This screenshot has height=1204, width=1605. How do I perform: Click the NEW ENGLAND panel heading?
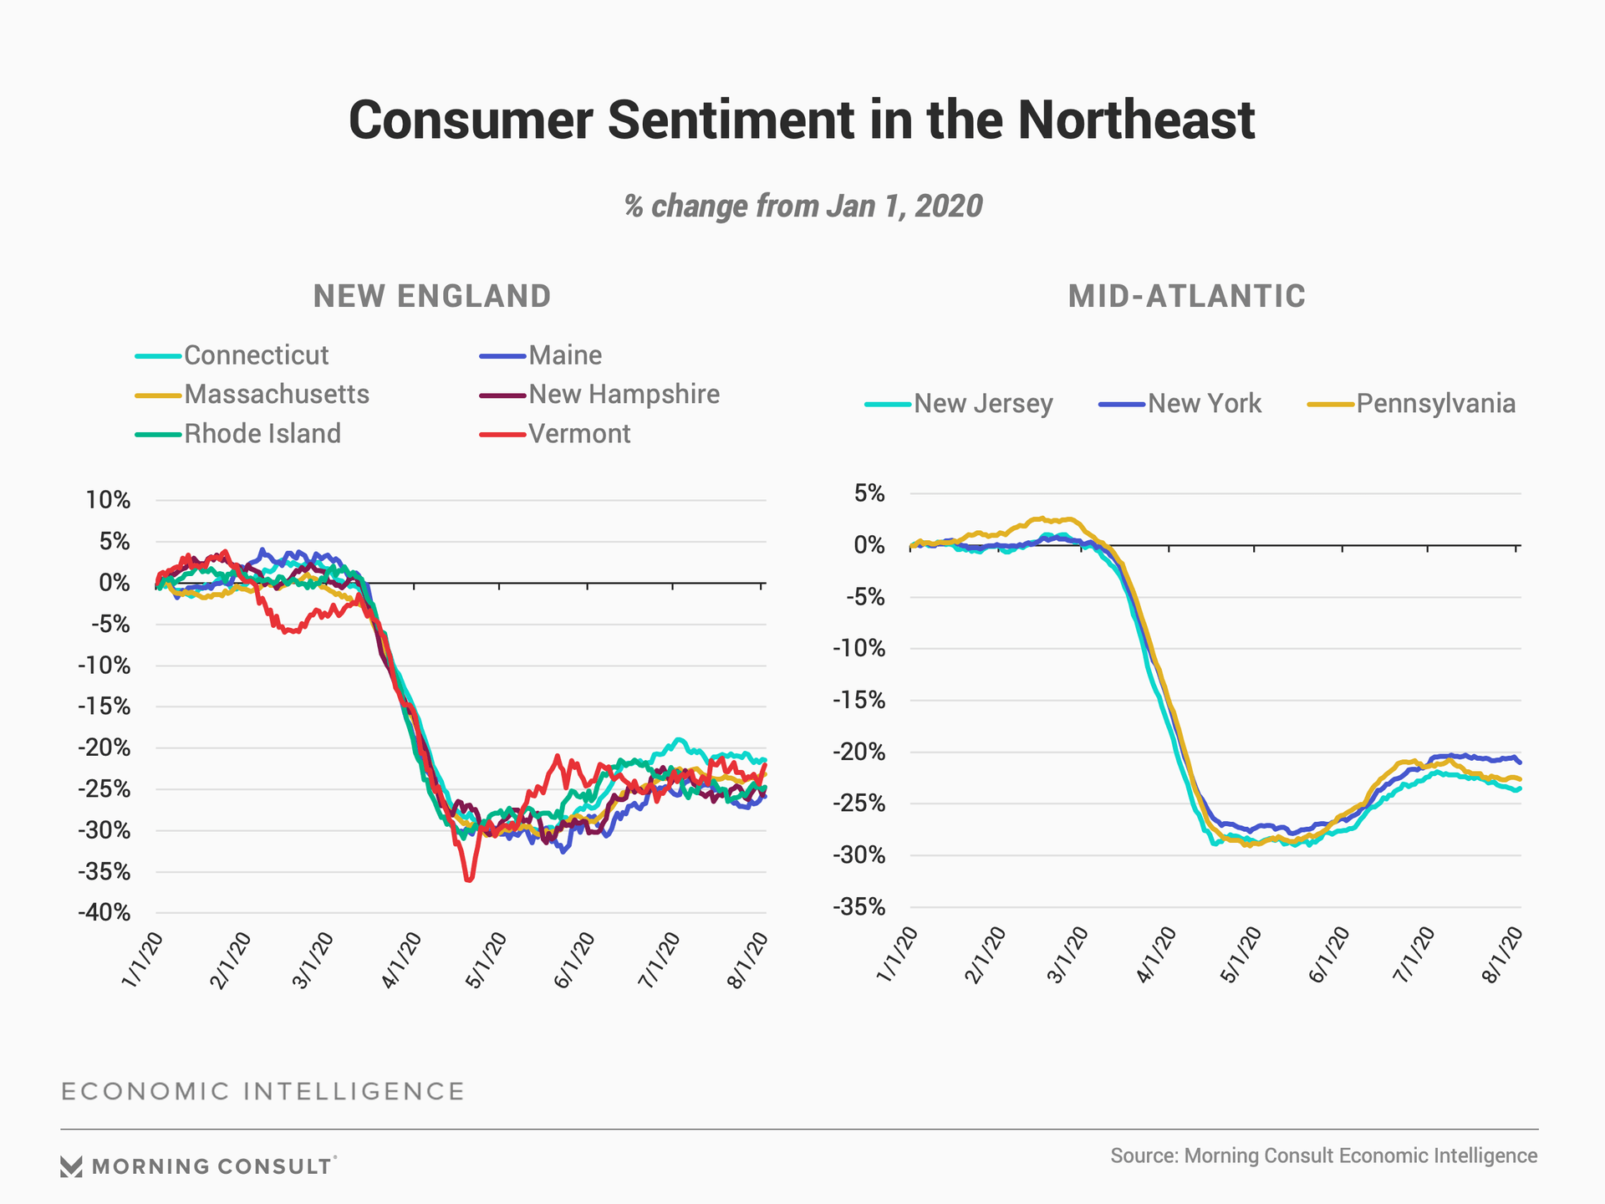[432, 296]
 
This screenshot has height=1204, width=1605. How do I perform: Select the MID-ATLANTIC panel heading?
[1186, 296]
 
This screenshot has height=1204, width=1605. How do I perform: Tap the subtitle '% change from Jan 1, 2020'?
[802, 206]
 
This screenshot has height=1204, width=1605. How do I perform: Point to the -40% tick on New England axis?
[104, 912]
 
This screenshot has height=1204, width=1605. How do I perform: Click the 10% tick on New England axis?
[109, 500]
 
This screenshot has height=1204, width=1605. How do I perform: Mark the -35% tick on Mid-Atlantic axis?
[859, 907]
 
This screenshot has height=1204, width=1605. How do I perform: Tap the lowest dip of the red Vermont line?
[469, 880]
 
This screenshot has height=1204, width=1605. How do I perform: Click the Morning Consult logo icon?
[71, 1166]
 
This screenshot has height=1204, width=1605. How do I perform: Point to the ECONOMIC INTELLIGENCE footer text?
[262, 1092]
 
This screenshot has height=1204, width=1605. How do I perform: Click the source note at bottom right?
[1323, 1156]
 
